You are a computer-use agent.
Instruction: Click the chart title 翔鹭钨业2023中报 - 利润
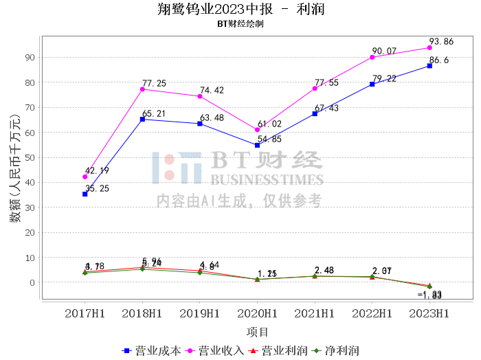point(240,10)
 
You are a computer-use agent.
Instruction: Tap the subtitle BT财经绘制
point(240,23)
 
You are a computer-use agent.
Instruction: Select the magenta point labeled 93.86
point(429,47)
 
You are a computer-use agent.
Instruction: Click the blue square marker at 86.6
point(429,65)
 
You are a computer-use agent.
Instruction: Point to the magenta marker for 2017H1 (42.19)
point(85,177)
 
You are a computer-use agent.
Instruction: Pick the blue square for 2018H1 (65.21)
point(142,119)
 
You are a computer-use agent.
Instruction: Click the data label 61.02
point(269,124)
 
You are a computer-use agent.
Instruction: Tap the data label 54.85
point(269,139)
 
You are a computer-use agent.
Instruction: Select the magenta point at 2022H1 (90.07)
point(372,57)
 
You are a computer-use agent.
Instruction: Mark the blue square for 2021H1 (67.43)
point(315,113)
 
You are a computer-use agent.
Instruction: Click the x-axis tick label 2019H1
point(200,314)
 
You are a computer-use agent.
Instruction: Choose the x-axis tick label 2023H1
point(429,314)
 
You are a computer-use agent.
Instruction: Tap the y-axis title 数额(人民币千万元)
point(14,169)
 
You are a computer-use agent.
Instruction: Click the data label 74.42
point(212,91)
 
